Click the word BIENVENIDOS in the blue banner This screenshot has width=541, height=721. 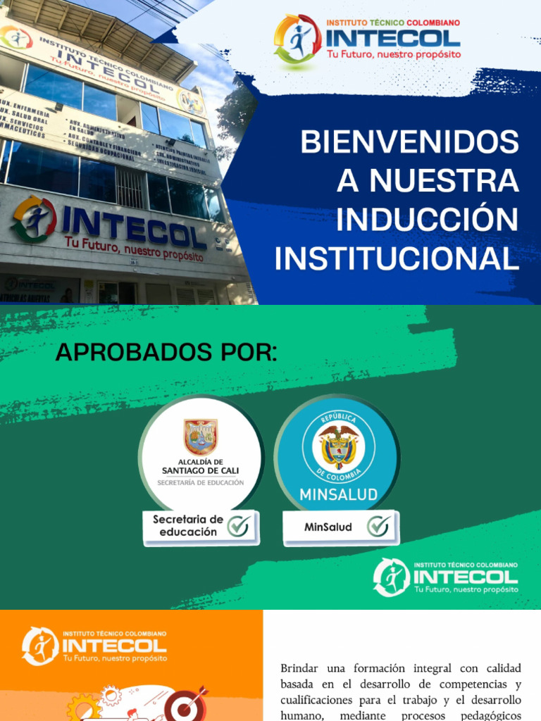pyautogui.click(x=409, y=143)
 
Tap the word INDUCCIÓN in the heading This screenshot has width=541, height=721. pyautogui.click(x=427, y=220)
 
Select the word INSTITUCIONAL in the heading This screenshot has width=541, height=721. pyautogui.click(x=397, y=259)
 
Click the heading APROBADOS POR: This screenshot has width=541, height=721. pyautogui.click(x=166, y=353)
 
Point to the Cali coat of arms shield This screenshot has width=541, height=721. pyautogui.click(x=201, y=437)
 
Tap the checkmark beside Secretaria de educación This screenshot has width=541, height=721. pyautogui.click(x=238, y=526)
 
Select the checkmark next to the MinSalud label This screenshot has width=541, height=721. pyautogui.click(x=378, y=526)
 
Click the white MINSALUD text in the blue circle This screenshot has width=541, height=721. pyautogui.click(x=339, y=494)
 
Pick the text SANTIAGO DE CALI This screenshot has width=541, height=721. pyautogui.click(x=201, y=470)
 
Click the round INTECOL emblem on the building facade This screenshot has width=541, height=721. pyautogui.click(x=34, y=219)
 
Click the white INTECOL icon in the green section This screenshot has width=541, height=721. pyautogui.click(x=391, y=577)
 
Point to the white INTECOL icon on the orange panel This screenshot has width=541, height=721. pyautogui.click(x=40, y=646)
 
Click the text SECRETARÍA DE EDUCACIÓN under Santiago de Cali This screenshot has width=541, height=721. pyautogui.click(x=201, y=483)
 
